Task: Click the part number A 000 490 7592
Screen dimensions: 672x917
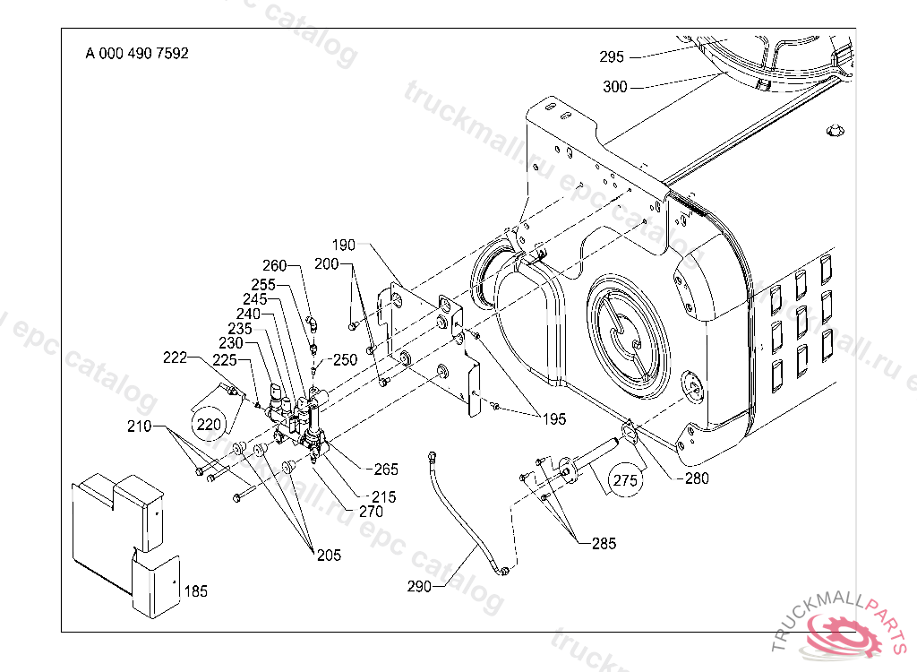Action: tap(137, 53)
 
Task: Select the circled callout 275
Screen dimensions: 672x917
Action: tap(626, 480)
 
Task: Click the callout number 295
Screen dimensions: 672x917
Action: tap(612, 57)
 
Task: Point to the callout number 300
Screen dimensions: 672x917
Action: tap(615, 88)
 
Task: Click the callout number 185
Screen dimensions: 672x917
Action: tap(195, 591)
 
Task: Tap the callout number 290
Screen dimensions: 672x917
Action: tap(418, 587)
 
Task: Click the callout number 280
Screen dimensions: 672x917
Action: tap(695, 478)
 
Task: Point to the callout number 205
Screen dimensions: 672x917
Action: tap(329, 555)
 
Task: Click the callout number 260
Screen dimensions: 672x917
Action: tap(274, 265)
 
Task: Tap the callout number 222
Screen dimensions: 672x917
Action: tap(176, 358)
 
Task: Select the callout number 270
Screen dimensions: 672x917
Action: tap(370, 512)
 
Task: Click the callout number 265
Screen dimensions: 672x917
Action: tap(386, 470)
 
